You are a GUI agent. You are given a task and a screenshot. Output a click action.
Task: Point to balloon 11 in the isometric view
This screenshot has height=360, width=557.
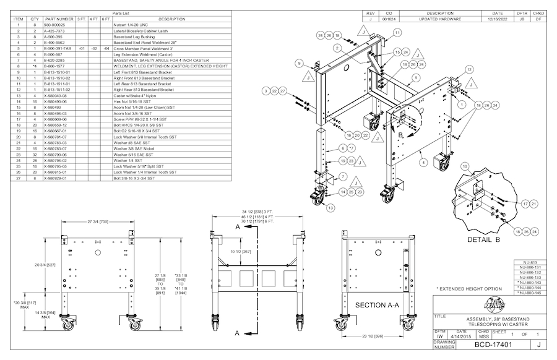pyautogui.click(x=397, y=32)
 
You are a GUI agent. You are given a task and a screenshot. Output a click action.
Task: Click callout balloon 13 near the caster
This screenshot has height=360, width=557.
pyautogui.click(x=330, y=208)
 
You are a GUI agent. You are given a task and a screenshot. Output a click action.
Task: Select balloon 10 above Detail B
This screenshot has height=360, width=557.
pyautogui.click(x=465, y=166)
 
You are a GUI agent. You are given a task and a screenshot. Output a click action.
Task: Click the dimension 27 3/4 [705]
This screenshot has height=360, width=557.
pyautogui.click(x=96, y=221)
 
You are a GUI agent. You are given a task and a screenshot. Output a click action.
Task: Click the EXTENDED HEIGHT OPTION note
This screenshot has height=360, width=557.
pyautogui.click(x=468, y=289)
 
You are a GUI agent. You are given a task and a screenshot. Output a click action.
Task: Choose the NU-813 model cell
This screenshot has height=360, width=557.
pyautogui.click(x=530, y=262)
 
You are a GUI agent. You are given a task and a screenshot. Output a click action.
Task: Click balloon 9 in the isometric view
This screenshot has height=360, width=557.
pyautogui.click(x=298, y=63)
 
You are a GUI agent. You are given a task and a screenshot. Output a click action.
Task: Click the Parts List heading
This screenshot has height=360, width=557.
pyautogui.click(x=121, y=13)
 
